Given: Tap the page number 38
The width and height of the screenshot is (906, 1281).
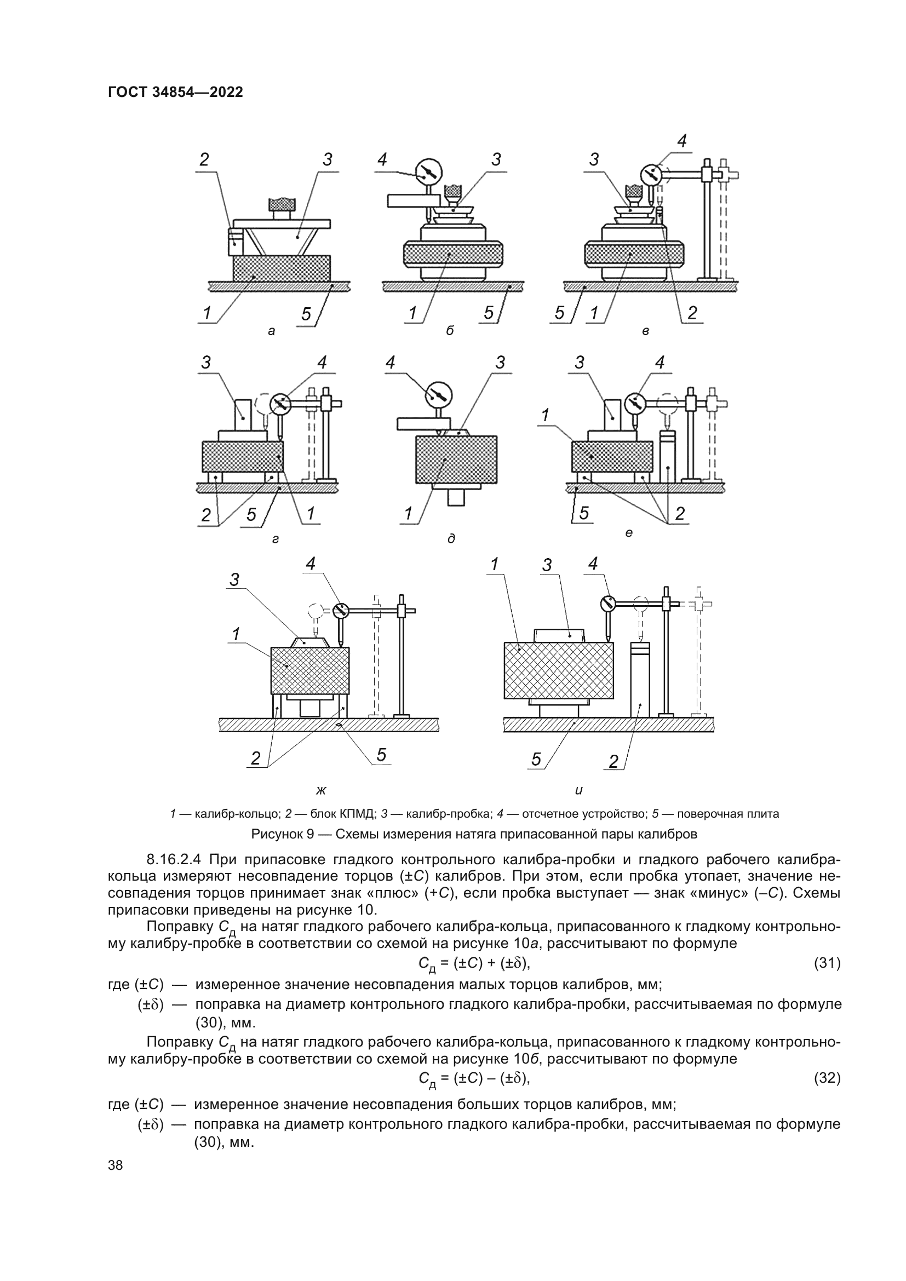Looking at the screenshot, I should click(116, 1165).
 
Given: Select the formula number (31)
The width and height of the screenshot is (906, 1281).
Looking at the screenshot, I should click(827, 963).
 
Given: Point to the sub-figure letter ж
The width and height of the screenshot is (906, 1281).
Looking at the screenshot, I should click(321, 790).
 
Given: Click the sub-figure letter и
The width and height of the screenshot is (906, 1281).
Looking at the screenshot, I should click(578, 790).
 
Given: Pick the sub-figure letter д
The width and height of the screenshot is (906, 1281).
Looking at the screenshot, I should click(451, 539).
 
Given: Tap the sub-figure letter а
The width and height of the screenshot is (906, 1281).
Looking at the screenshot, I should click(272, 331).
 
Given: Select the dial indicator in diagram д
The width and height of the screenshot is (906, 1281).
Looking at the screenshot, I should click(440, 394).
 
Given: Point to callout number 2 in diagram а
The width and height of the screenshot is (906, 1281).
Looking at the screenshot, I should click(204, 159).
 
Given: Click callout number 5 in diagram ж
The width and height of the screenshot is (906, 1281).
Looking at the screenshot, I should click(381, 755).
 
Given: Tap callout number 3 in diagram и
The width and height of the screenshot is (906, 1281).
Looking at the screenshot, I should click(547, 566).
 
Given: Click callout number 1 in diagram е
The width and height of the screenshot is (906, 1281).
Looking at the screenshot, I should click(546, 415).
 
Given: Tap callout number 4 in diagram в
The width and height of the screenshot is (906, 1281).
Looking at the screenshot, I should click(682, 141).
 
